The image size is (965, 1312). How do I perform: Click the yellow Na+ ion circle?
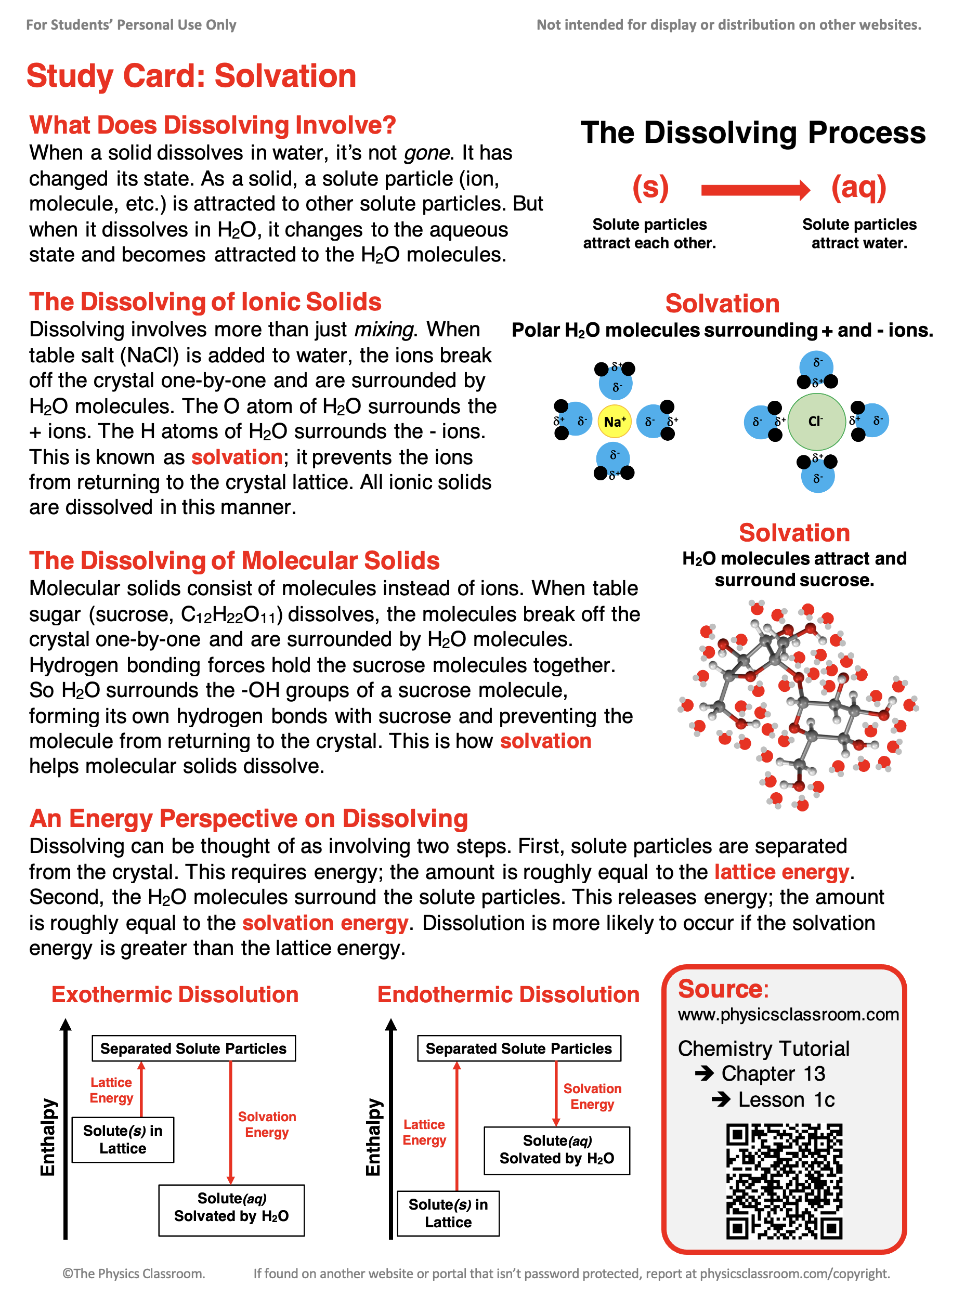pyautogui.click(x=614, y=421)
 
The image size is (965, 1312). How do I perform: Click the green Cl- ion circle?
pyautogui.click(x=816, y=421)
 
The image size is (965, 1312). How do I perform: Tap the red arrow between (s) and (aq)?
pyautogui.click(x=755, y=190)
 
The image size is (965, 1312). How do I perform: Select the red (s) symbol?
pyautogui.click(x=650, y=188)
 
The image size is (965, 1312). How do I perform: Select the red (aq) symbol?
pyautogui.click(x=859, y=188)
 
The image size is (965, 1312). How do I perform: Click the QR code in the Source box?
pyautogui.click(x=784, y=1180)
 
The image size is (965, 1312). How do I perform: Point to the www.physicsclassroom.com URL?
pyautogui.click(x=788, y=1014)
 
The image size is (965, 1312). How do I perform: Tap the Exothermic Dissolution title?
pyautogui.click(x=175, y=994)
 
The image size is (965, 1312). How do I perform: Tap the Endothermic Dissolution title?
pyautogui.click(x=508, y=994)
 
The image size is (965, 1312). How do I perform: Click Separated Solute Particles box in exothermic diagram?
pyautogui.click(x=193, y=1048)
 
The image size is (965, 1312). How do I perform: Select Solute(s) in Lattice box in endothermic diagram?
pyautogui.click(x=448, y=1213)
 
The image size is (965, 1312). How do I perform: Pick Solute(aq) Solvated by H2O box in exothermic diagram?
pyautogui.click(x=231, y=1207)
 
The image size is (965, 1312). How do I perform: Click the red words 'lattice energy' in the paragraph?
pyautogui.click(x=781, y=872)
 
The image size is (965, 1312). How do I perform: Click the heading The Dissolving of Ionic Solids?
pyautogui.click(x=205, y=302)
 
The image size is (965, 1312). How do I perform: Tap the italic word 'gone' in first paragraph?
pyautogui.click(x=427, y=153)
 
